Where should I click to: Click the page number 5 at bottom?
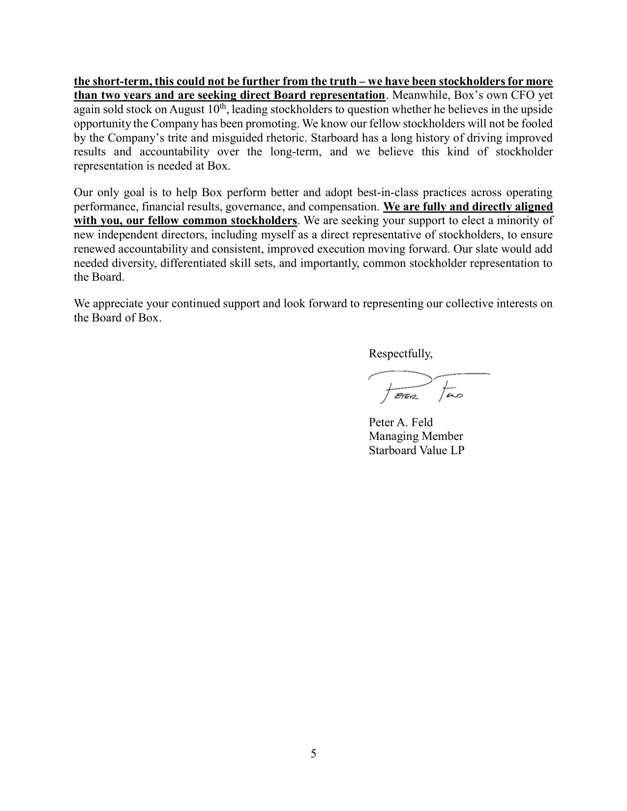313,753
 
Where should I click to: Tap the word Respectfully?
401,353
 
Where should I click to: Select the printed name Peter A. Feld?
401,422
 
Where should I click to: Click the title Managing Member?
416,436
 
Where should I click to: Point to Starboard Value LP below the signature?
416,450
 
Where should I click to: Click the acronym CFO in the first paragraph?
522,95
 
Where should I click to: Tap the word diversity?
130,263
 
